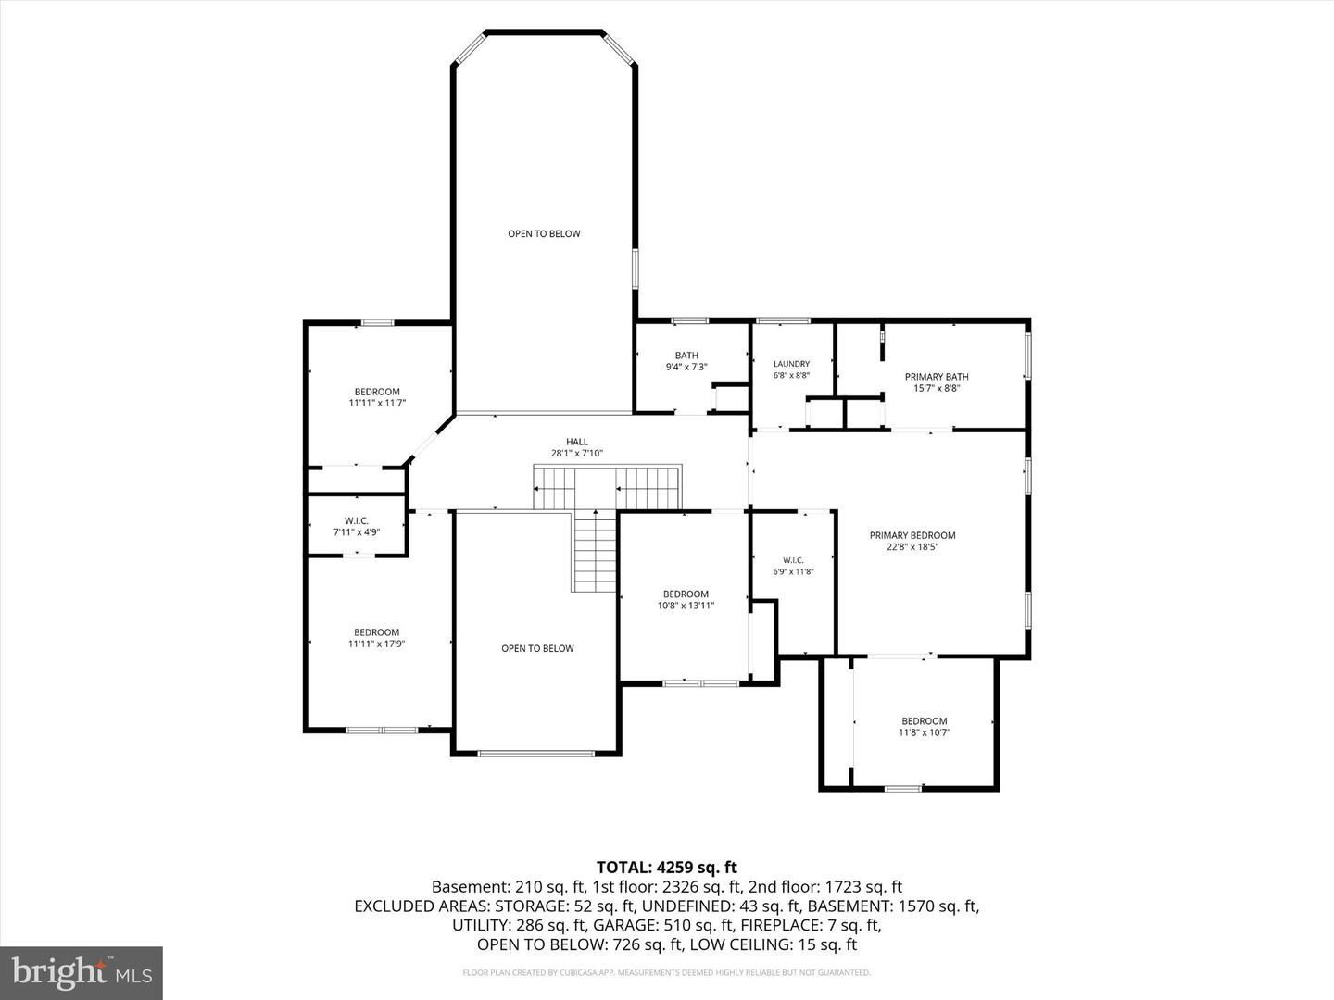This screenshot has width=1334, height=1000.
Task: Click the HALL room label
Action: tap(577, 442)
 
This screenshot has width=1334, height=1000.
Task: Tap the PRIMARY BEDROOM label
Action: tap(912, 535)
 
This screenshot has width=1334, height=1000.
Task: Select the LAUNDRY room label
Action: tap(791, 364)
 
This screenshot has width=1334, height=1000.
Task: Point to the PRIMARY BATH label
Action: tap(937, 377)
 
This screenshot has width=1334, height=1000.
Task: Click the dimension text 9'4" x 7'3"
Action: tap(686, 367)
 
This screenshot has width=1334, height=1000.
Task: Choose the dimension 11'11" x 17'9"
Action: tap(376, 644)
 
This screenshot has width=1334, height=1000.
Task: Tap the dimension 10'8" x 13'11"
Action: tap(686, 605)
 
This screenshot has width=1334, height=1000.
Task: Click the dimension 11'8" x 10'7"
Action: tap(924, 732)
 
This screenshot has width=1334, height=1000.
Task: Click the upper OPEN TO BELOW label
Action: tap(544, 233)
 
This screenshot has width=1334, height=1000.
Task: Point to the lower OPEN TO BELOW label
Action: tap(537, 648)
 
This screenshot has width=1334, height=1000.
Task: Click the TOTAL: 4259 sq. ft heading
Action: tap(667, 867)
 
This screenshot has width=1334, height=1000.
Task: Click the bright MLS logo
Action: tap(82, 972)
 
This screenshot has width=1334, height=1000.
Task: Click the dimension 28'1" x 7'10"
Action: tap(577, 453)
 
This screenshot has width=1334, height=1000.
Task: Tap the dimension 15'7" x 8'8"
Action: tap(937, 388)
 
